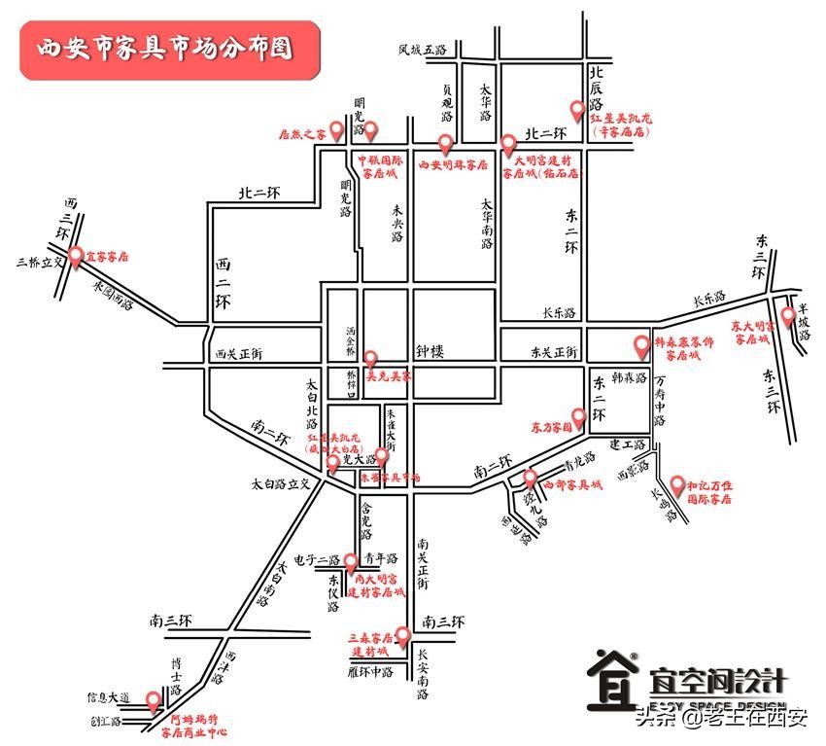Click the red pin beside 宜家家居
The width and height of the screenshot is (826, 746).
point(75,255)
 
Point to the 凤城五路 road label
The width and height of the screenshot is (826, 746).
point(422,49)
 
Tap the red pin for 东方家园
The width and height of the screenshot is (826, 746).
point(578,418)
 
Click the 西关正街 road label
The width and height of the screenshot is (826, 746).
point(239,354)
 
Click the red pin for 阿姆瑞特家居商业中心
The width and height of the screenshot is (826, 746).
point(153,699)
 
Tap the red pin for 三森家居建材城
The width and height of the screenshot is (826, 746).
point(402,636)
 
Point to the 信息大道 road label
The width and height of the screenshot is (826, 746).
point(107,697)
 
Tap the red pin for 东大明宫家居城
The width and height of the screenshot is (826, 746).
point(788,317)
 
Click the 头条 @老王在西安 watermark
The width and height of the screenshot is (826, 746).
point(721,719)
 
